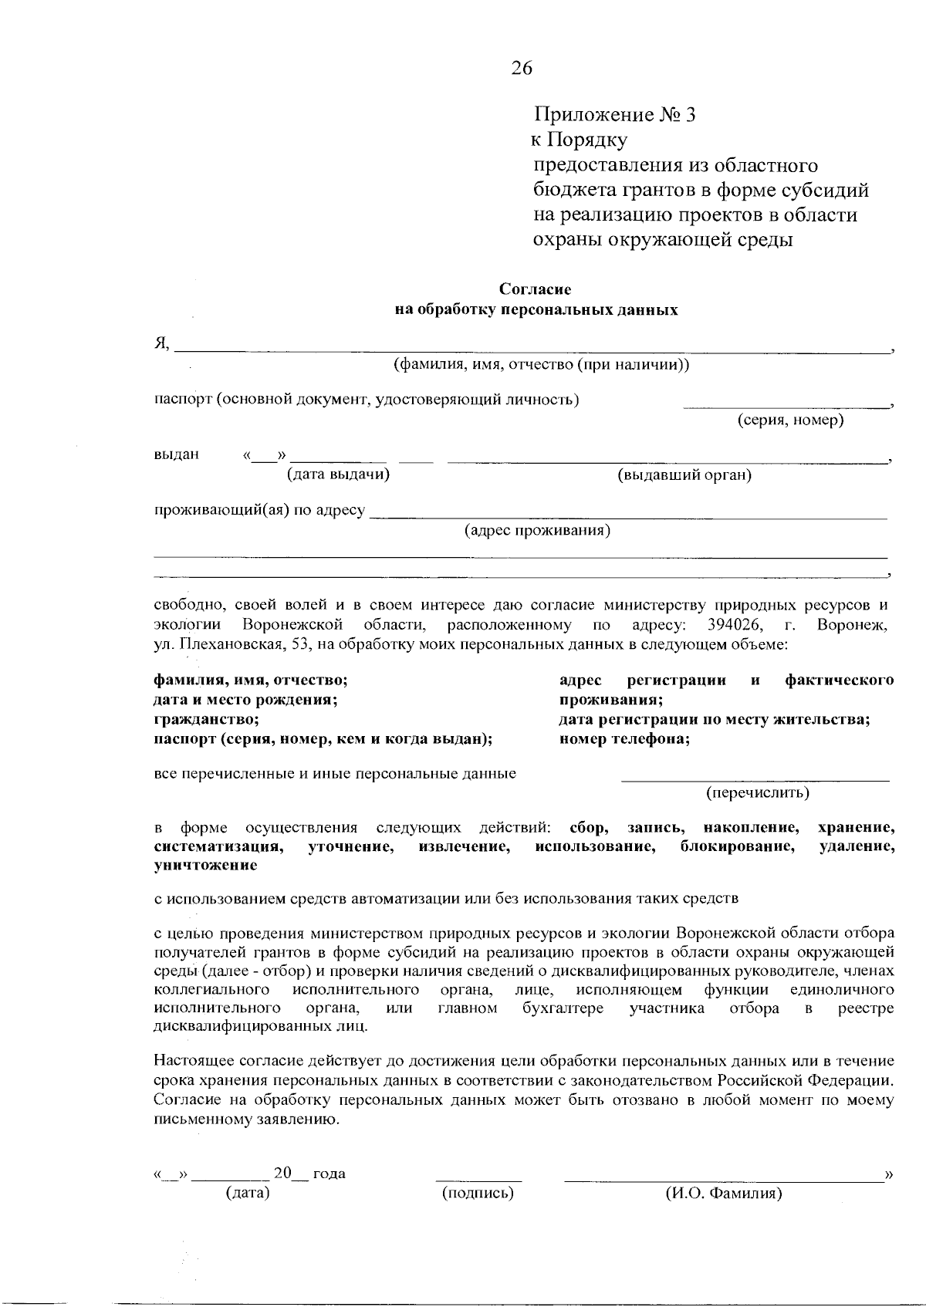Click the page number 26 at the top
521,69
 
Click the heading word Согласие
535,289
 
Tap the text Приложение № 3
614,116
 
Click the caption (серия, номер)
790,420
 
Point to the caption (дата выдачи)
338,475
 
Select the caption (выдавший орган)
684,475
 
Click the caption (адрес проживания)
537,531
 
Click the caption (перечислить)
758,792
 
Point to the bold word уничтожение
206,866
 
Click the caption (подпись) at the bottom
478,1194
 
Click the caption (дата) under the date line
247,1194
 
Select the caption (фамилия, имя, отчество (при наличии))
541,365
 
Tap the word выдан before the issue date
177,454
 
